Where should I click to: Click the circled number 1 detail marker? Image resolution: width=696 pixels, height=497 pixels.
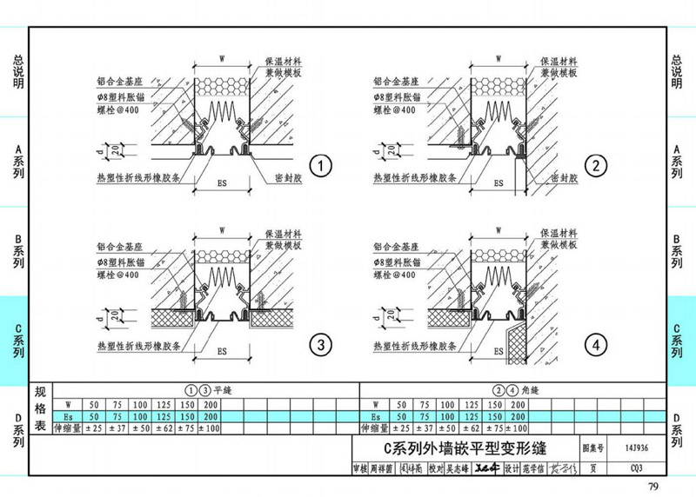pos(321,166)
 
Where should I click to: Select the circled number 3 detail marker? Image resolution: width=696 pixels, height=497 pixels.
pos(321,347)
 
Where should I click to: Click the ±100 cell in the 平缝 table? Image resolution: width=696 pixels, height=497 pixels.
pos(211,428)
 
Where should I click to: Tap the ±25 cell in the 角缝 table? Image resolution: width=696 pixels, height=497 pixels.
pos(400,428)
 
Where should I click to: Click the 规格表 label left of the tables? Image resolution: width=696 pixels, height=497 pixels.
pos(40,409)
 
